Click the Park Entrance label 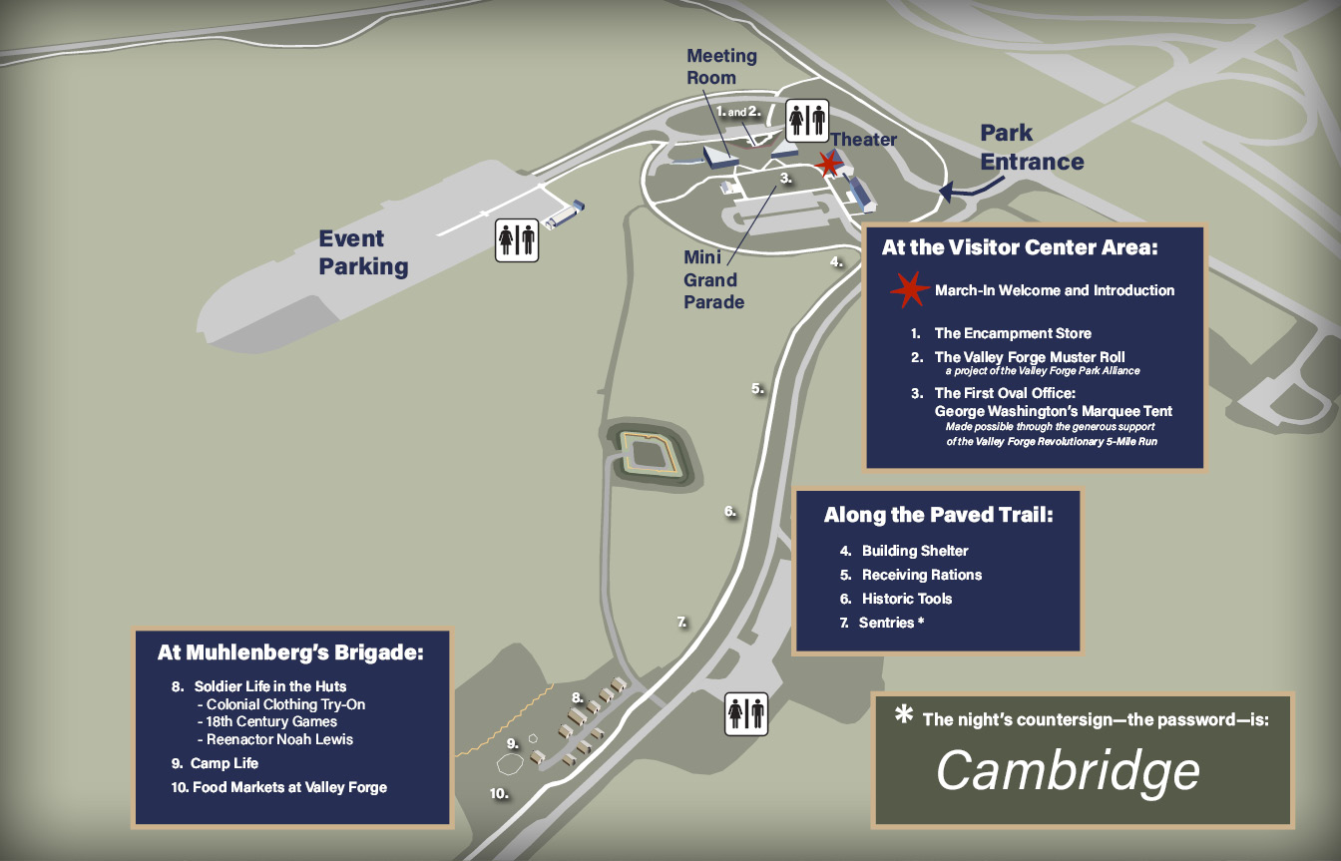tap(1031, 147)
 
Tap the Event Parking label tap(363, 252)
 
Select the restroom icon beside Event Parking tap(517, 240)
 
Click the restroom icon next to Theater tap(805, 120)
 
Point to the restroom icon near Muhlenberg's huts tap(746, 714)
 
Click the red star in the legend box tap(908, 289)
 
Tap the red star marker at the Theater tap(828, 164)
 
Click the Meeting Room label tap(721, 67)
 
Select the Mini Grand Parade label tap(713, 279)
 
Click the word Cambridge tap(1068, 770)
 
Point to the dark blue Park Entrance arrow tap(960, 191)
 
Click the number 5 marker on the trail tap(757, 388)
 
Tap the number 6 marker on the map tap(730, 511)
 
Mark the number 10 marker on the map tap(499, 794)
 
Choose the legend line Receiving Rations tap(921, 575)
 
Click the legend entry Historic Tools tap(906, 599)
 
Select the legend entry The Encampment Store tap(1012, 333)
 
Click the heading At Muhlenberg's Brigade tap(290, 653)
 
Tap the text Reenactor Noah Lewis tap(279, 739)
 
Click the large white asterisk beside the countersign tap(904, 715)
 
